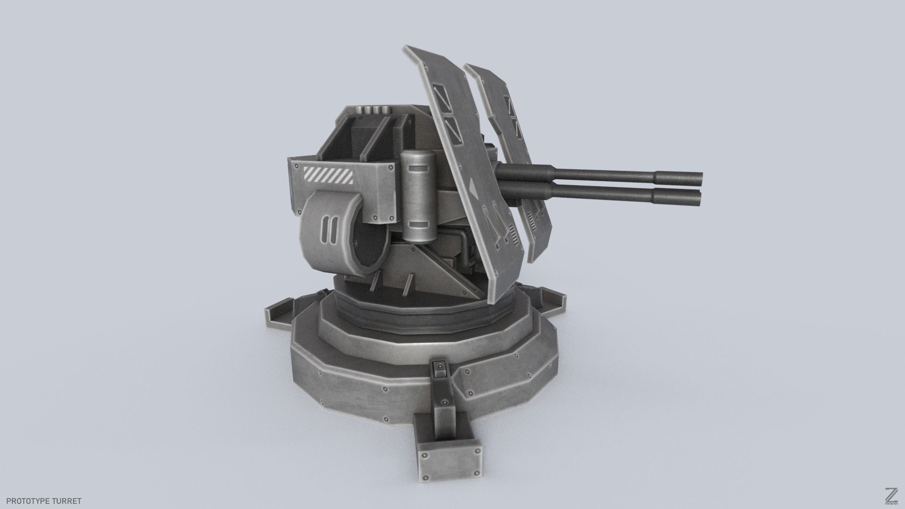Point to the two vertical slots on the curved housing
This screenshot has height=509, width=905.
[328, 230]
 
